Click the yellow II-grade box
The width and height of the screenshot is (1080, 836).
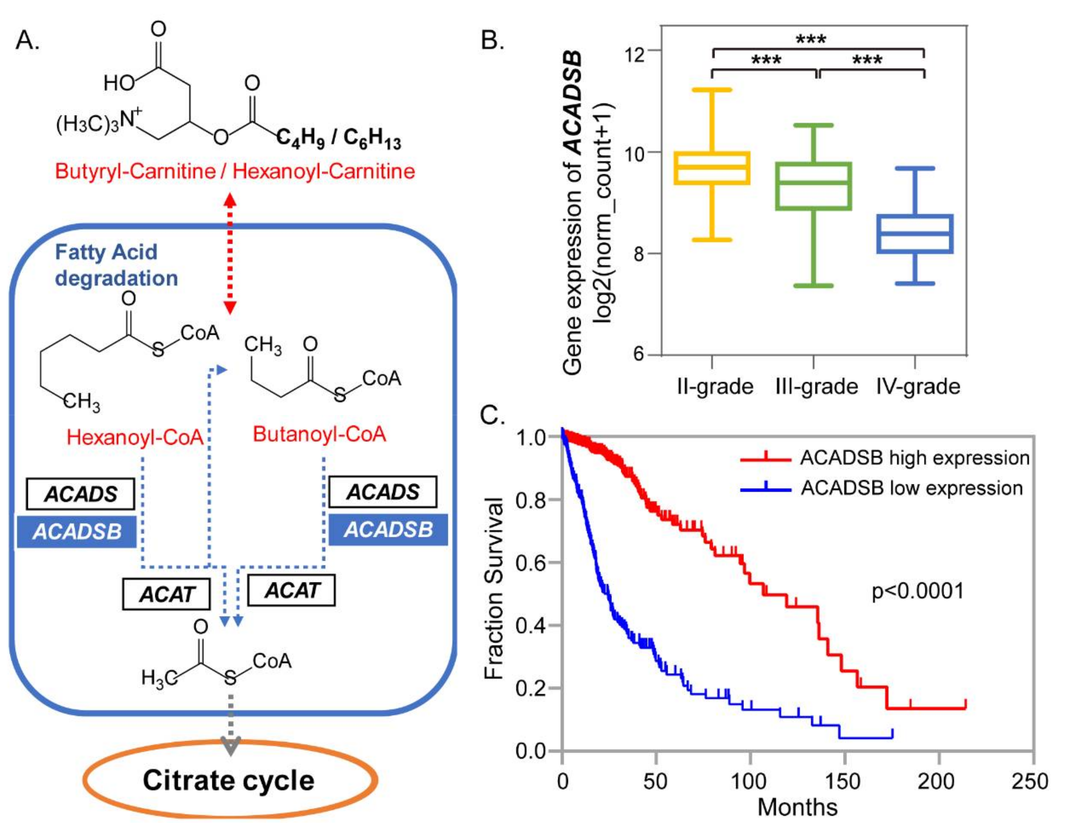[x=712, y=168]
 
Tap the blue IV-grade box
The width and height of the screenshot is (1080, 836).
[x=915, y=234]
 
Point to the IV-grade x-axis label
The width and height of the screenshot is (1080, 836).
[x=918, y=386]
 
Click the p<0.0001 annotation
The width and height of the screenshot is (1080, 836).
[x=918, y=591]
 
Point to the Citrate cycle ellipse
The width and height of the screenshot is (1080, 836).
[x=230, y=780]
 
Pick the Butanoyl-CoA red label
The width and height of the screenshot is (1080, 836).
[x=319, y=434]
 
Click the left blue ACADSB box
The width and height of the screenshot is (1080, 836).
[x=77, y=532]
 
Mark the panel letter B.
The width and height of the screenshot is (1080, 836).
[x=492, y=40]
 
